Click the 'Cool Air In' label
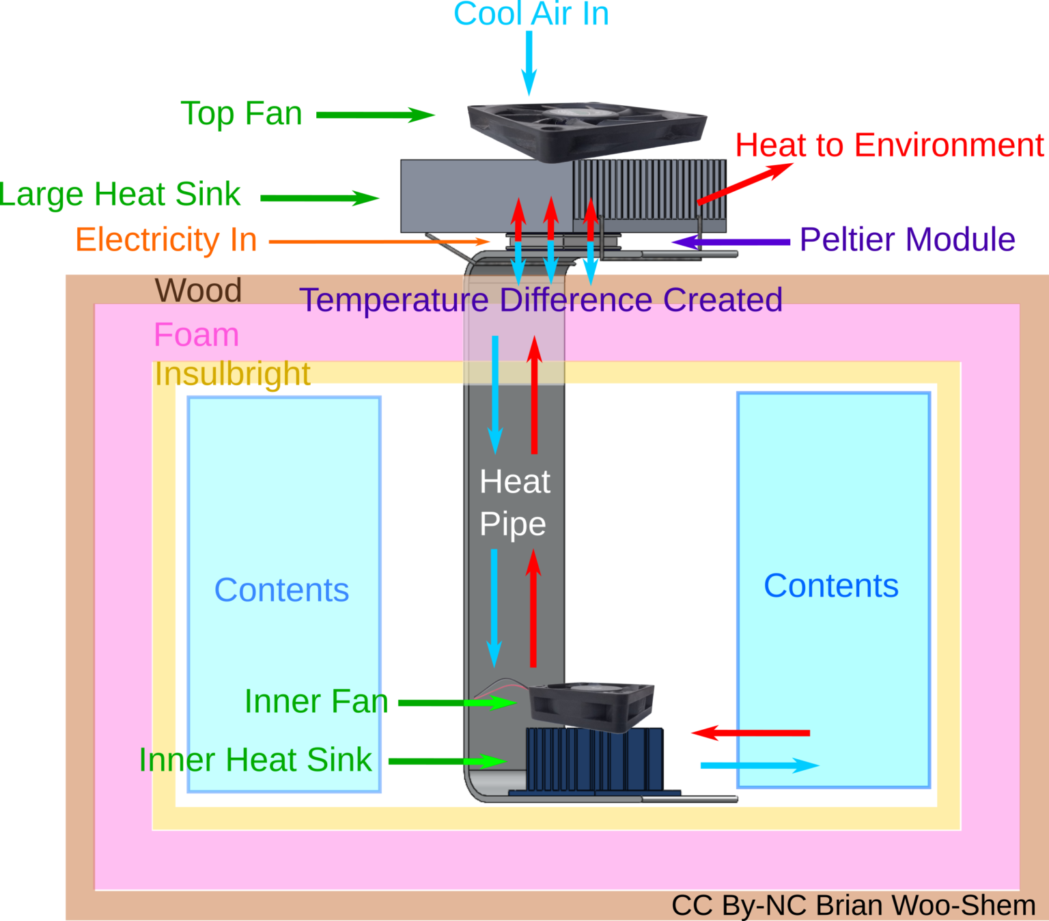[x=531, y=14]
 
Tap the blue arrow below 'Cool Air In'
[x=529, y=62]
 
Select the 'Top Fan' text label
[x=241, y=113]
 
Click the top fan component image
[x=586, y=130]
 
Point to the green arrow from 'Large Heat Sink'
[x=319, y=199]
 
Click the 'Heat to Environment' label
[x=889, y=145]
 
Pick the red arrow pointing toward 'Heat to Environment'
[x=744, y=183]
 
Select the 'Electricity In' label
[x=166, y=240]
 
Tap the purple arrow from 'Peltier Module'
[x=730, y=242]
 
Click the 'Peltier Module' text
[x=907, y=240]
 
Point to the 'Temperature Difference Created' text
[x=540, y=300]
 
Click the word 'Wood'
[x=198, y=290]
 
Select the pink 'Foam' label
[x=196, y=335]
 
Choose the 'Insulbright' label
[x=232, y=373]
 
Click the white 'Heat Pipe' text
[x=514, y=502]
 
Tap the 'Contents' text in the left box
[x=281, y=590]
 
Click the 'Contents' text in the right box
[x=830, y=586]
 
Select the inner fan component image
[x=591, y=706]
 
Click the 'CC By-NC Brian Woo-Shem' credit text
[x=853, y=905]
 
